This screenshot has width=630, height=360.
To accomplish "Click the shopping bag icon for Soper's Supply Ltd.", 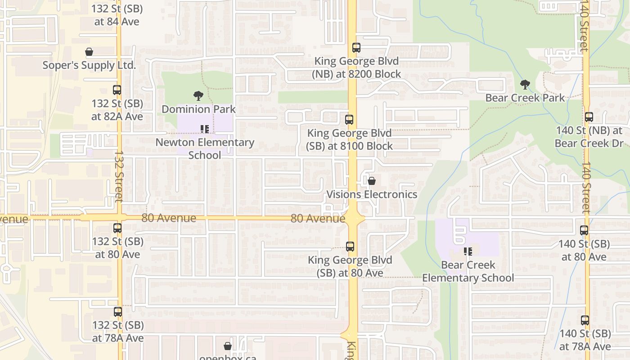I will pyautogui.click(x=89, y=52).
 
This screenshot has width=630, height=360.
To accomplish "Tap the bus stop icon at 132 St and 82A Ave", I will pyautogui.click(x=117, y=90).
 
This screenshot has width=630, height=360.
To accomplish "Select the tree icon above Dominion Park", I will pyautogui.click(x=198, y=95).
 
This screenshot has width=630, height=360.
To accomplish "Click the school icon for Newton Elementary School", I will pyautogui.click(x=205, y=130).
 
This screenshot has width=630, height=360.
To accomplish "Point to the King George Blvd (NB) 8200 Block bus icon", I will pyautogui.click(x=356, y=48).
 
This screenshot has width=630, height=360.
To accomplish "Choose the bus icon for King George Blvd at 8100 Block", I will pyautogui.click(x=349, y=120).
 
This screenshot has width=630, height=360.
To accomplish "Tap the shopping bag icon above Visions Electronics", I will pyautogui.click(x=372, y=181).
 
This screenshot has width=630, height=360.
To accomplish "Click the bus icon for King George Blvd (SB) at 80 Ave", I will pyautogui.click(x=350, y=247).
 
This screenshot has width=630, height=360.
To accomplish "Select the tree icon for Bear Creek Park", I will pyautogui.click(x=525, y=84).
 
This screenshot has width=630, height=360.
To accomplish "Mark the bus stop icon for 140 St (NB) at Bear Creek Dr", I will pyautogui.click(x=589, y=117).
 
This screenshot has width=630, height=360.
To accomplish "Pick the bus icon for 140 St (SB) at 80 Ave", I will pyautogui.click(x=584, y=230).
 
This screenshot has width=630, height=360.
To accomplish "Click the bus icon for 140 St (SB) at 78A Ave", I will pyautogui.click(x=585, y=320).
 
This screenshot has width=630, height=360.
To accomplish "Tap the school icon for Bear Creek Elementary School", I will pyautogui.click(x=468, y=252).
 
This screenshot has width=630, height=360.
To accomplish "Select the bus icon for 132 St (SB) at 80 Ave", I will pyautogui.click(x=117, y=228).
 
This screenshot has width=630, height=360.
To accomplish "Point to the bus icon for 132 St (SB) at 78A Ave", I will pyautogui.click(x=118, y=311).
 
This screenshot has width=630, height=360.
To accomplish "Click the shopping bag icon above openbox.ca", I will pyautogui.click(x=228, y=346).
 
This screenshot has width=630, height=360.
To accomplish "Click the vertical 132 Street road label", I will pyautogui.click(x=119, y=175).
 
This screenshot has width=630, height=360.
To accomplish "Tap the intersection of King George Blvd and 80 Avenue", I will pyautogui.click(x=352, y=218).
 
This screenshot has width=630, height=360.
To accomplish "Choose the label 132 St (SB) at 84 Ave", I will pyautogui.click(x=117, y=15).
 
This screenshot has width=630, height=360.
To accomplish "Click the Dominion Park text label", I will pyautogui.click(x=198, y=109).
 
